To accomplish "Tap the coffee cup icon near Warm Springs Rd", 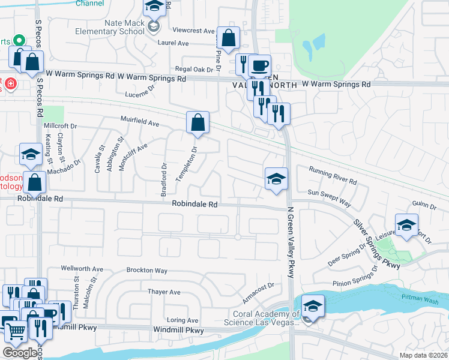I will (x=259, y=65).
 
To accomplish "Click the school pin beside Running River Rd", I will (x=276, y=179).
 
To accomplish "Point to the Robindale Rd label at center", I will (x=194, y=204).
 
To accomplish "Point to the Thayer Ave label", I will (x=164, y=292).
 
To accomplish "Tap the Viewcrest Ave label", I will (x=193, y=31).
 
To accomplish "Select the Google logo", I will (x=20, y=353).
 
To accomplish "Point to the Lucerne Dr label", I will (x=140, y=95).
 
